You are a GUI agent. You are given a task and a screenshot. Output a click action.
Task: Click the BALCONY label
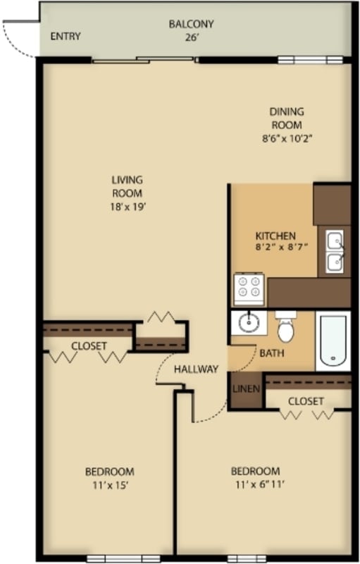[x=191, y=24]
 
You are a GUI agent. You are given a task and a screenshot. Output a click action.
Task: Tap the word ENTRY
[x=65, y=37]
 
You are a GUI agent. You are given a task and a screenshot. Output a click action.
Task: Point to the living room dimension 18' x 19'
[x=128, y=207]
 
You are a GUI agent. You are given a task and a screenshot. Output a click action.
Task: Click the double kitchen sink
[x=334, y=252]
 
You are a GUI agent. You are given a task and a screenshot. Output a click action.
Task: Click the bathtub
[x=333, y=341]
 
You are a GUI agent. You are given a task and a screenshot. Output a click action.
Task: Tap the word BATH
[x=272, y=353]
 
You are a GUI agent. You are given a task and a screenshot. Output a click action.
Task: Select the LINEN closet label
[x=246, y=389]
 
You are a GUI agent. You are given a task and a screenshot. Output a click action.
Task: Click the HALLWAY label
[x=196, y=369]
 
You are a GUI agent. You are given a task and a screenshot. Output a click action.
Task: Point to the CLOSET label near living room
[x=89, y=346]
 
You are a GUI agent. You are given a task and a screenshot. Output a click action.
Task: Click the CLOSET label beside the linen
[x=306, y=401]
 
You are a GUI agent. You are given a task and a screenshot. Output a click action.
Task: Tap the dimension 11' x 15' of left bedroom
[x=109, y=485]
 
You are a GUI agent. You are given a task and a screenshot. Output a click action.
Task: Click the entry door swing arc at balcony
[x=18, y=40]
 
